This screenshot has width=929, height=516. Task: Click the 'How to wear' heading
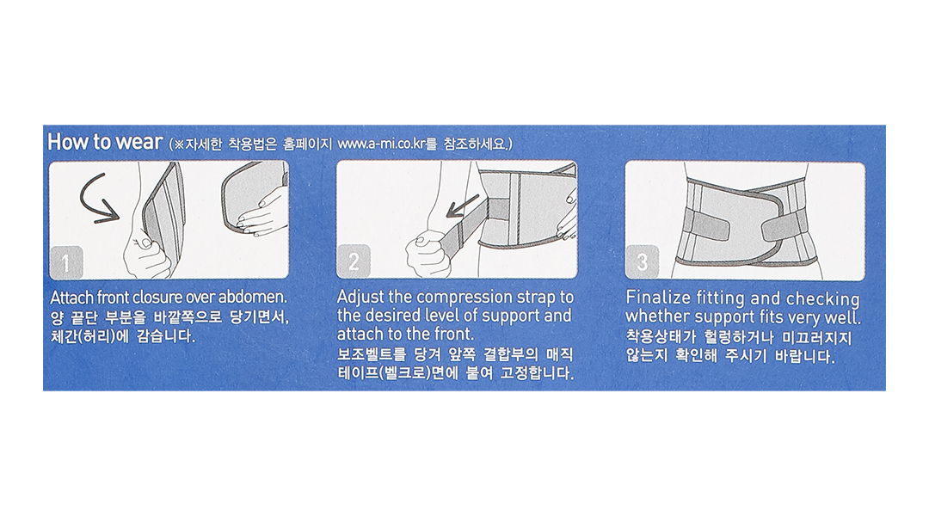[x=105, y=142]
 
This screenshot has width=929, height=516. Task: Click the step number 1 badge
[x=65, y=262]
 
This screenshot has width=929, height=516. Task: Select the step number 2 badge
[x=354, y=261]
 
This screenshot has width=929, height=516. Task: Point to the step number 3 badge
[x=642, y=261]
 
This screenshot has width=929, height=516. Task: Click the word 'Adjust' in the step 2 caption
[x=360, y=297]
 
